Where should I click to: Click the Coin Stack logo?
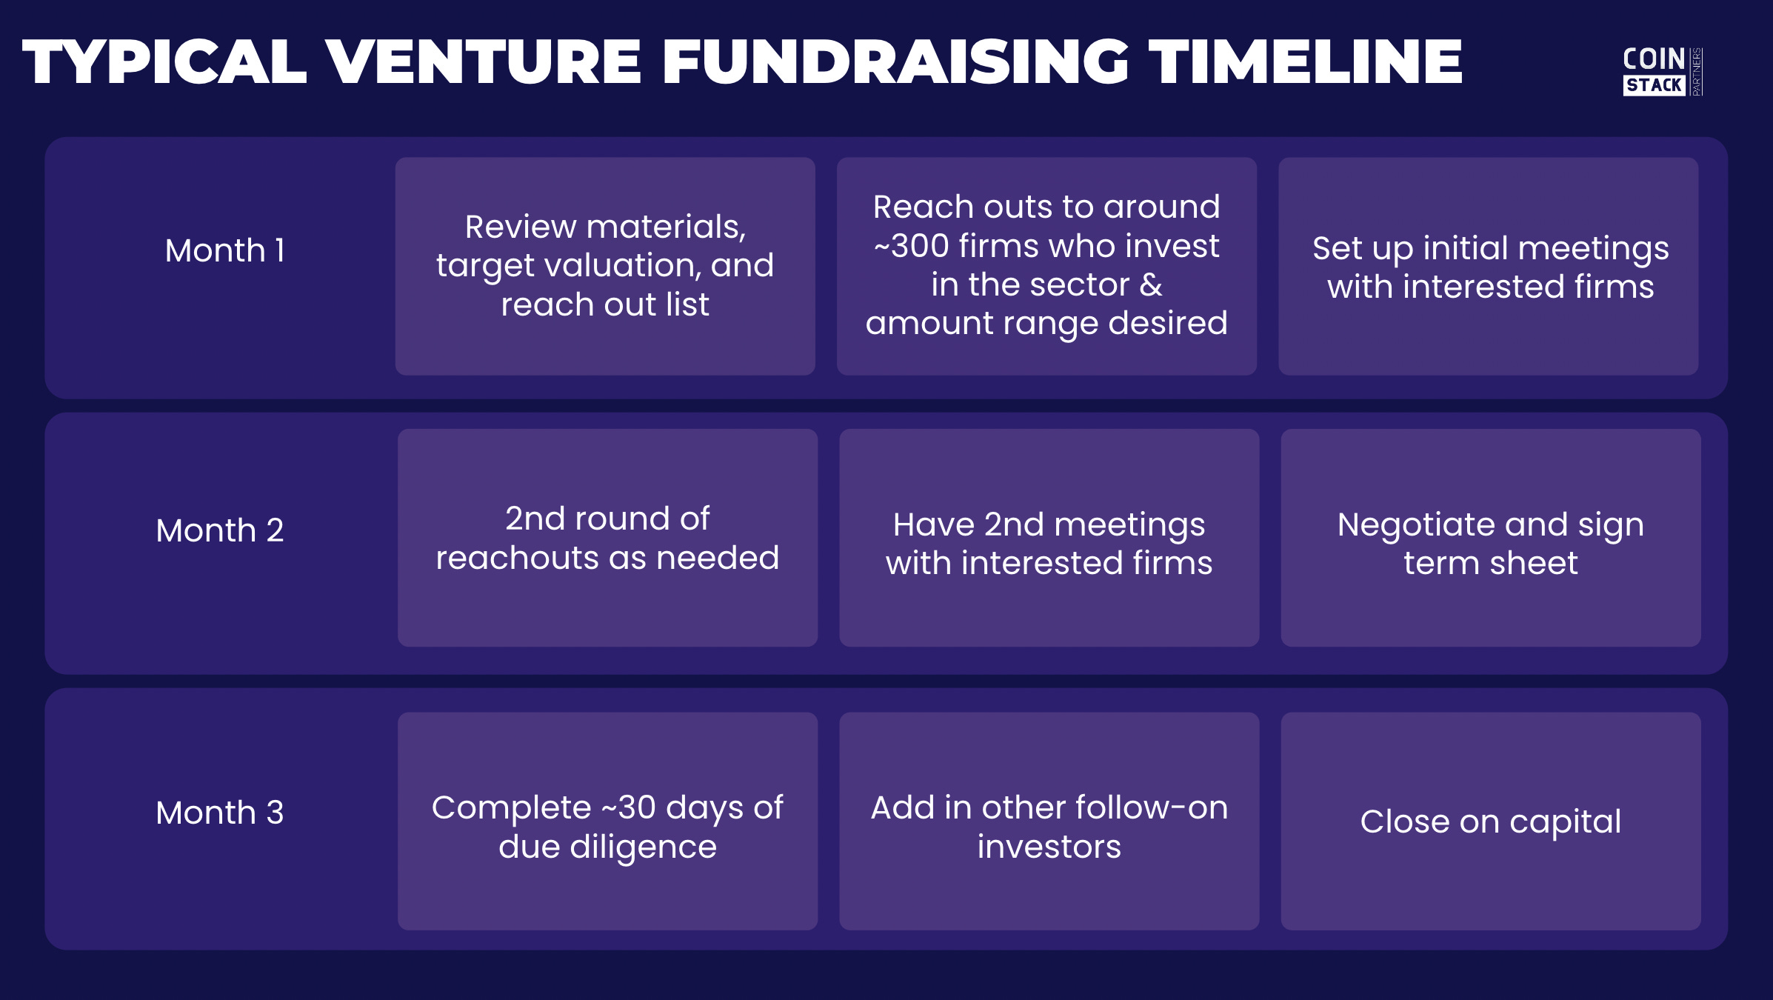pos(1660,71)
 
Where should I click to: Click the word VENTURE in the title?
pos(483,62)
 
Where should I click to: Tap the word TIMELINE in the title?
pos(1305,62)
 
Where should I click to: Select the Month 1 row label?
pos(224,251)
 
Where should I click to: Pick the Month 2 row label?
pos(219,530)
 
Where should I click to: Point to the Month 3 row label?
pos(219,813)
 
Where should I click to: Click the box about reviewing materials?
pos(605,266)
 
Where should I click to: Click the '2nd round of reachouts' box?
pos(607,538)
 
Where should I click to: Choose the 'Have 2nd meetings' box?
pos(1049,538)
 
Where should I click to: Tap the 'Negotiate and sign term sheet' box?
pos(1490,538)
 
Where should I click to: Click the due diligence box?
pos(607,821)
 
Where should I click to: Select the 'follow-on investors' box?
pos(1049,821)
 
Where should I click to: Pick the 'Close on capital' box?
pos(1490,821)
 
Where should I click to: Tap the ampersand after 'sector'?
pos(1151,285)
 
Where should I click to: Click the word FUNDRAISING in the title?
pos(895,62)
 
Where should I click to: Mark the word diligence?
pos(643,847)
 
